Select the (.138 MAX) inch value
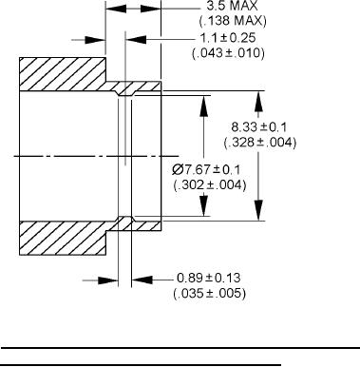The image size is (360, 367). pos(233,21)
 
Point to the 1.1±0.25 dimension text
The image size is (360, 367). pos(228,38)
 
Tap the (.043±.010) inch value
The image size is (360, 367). pos(228,52)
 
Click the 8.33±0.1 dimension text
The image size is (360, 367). pos(259,127)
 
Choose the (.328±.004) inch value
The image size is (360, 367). pos(260,143)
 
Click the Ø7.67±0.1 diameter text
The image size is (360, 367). pos(206,169)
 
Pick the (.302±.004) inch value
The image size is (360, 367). pos(210,184)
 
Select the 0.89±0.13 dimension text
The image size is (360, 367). pos(209,278)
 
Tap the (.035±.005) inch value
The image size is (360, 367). pos(209,293)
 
